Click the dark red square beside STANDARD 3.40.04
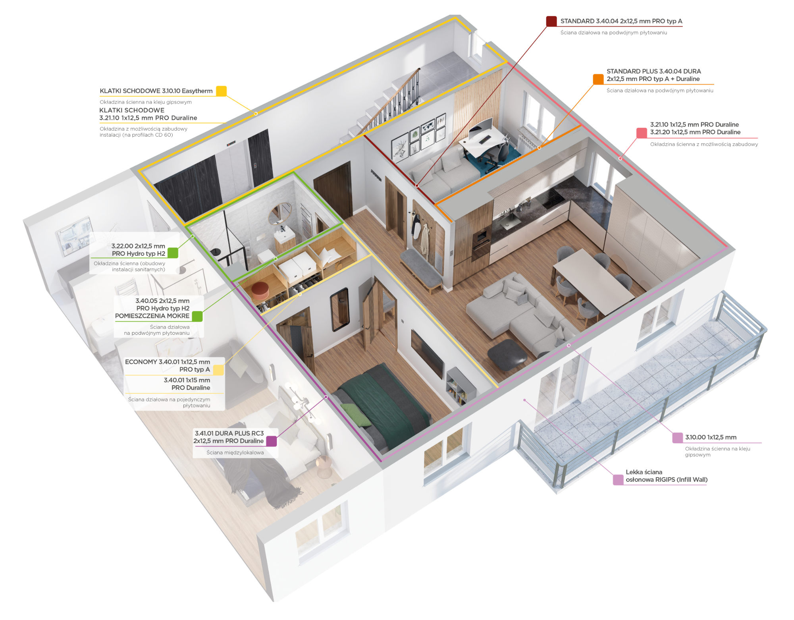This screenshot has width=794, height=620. (551, 21)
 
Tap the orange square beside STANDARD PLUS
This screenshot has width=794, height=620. (598, 79)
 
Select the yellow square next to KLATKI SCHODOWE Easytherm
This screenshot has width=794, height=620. (221, 91)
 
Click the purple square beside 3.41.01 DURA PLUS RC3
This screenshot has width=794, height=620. (272, 441)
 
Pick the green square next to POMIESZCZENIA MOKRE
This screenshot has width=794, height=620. (197, 316)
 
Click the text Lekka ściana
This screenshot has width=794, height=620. (644, 472)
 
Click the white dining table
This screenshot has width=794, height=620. (594, 280)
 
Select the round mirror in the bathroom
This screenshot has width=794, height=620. (280, 213)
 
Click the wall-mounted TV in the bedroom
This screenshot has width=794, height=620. (427, 353)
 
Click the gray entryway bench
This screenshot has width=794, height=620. (421, 270)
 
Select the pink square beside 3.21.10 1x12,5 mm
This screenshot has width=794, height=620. (642, 133)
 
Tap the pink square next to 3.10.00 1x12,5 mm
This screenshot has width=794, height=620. (677, 438)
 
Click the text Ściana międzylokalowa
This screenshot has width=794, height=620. (235, 452)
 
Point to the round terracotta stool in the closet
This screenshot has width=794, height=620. (260, 290)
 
